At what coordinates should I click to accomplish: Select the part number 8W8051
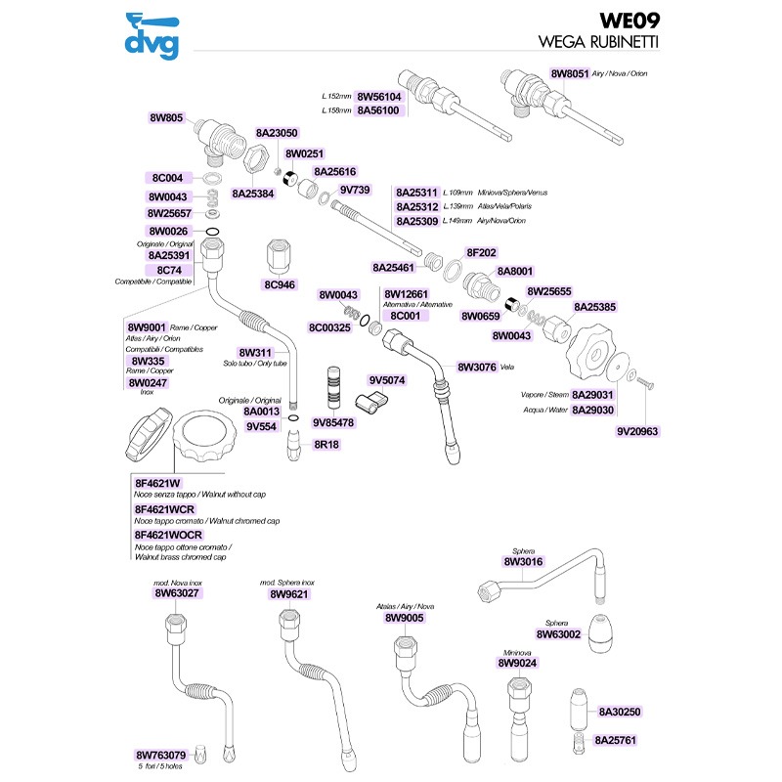[x=569, y=73]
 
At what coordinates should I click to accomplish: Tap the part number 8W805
[x=166, y=117]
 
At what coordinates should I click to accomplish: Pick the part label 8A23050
[x=277, y=133]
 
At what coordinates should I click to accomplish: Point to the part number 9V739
[x=355, y=190]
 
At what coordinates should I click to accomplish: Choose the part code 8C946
[x=280, y=284]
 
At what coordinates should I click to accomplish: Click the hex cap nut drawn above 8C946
[x=279, y=256]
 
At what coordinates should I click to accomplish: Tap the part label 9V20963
[x=637, y=430]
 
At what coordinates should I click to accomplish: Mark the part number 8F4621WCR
[x=165, y=509]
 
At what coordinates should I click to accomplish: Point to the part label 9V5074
[x=387, y=379]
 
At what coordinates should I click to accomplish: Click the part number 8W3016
[x=522, y=562]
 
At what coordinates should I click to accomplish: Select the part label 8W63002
[x=559, y=634]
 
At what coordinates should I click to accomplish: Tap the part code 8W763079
[x=160, y=755]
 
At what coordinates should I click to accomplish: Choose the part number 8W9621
[x=288, y=593]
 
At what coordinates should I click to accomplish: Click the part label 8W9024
[x=517, y=664]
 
